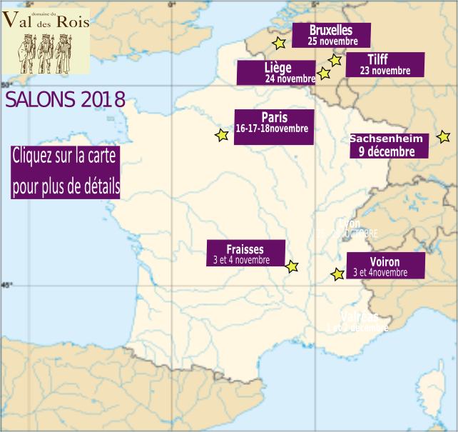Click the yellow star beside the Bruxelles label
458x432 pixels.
tap(279, 44)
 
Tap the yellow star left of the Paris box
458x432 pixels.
tap(222, 134)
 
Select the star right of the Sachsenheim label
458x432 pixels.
tap(443, 136)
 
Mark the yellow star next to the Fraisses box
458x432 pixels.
tap(292, 266)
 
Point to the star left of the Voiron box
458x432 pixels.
tap(337, 273)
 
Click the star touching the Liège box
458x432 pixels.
tap(324, 73)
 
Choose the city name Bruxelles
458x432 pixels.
tap(331, 30)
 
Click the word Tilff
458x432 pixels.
tap(378, 59)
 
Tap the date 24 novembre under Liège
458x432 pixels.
tap(290, 79)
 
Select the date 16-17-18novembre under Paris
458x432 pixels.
tap(272, 129)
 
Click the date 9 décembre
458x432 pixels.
tap(386, 151)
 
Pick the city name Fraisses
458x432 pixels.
tap(245, 249)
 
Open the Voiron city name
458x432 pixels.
tap(385, 261)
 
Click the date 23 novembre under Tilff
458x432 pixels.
tap(385, 71)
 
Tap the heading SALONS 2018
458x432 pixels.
tap(65, 99)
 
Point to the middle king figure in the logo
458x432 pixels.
tap(45, 54)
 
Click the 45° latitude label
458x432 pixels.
tap(6, 285)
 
